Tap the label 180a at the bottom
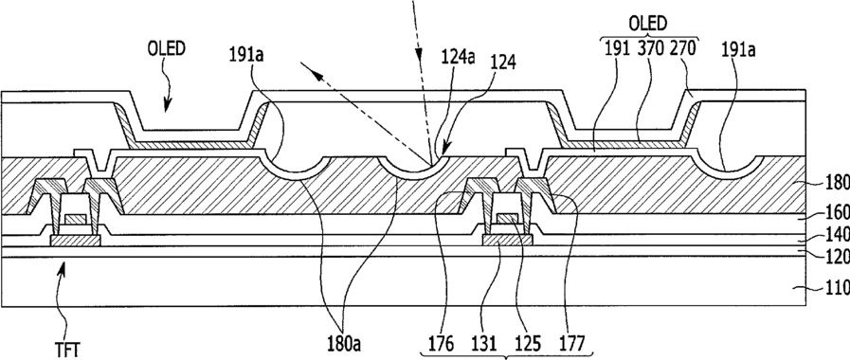tap(344, 343)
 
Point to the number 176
tap(443, 343)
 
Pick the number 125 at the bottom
tap(528, 343)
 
